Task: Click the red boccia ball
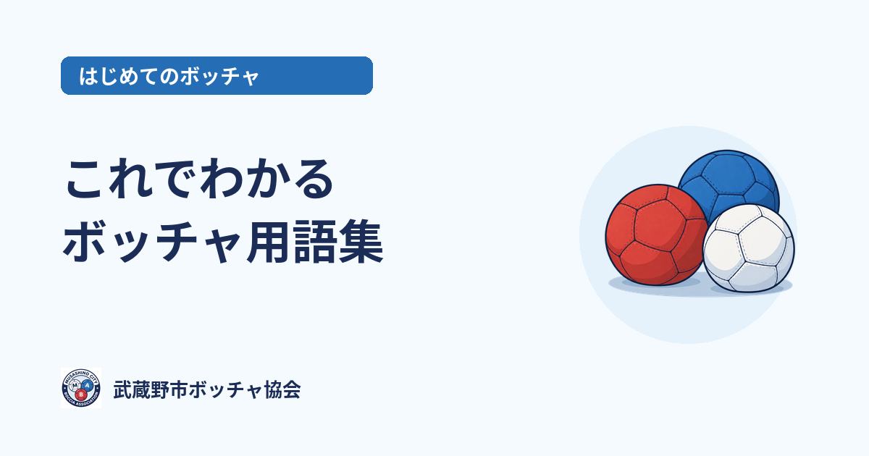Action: coord(655,235)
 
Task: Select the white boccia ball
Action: coord(749,248)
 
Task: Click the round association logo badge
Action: coord(81,388)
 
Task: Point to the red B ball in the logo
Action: coord(80,394)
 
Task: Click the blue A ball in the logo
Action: coord(88,385)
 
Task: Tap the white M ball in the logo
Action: coord(75,385)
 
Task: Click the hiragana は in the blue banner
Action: coord(88,76)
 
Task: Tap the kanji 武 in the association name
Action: coord(122,389)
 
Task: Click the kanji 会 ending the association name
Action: coord(291,389)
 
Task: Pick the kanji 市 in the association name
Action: coord(179,389)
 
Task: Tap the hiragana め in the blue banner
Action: coord(128,76)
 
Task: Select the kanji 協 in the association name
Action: coord(272,389)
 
